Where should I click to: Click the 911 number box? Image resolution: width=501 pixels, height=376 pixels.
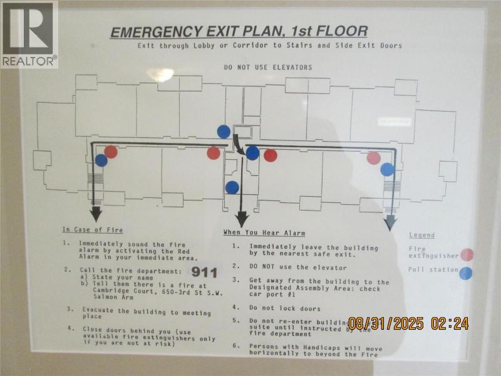click(x=204, y=272)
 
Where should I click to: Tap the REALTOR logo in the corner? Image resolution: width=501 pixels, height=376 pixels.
click(x=29, y=34)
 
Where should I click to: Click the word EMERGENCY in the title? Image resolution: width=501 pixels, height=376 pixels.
click(x=150, y=32)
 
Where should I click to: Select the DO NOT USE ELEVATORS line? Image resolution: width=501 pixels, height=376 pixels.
click(x=268, y=67)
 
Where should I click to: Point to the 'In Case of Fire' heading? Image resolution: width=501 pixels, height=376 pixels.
click(x=93, y=230)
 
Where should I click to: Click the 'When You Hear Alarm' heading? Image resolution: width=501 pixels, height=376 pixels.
click(x=264, y=233)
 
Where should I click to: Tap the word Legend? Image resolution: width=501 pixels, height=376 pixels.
click(x=422, y=235)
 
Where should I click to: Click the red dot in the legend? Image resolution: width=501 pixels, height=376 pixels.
click(x=467, y=254)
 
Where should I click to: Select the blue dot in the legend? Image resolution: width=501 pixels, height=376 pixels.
click(x=466, y=273)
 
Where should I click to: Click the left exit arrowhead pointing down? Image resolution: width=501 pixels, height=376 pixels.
click(x=96, y=215)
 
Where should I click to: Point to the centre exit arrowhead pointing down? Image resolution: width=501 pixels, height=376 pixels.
click(x=242, y=219)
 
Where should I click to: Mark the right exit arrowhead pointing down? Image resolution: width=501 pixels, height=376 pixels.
click(x=390, y=222)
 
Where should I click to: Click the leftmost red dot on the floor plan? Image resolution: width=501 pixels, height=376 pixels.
click(x=111, y=152)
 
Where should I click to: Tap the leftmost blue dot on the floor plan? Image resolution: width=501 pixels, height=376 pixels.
click(x=101, y=160)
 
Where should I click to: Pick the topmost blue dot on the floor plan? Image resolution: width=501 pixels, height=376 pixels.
click(x=224, y=132)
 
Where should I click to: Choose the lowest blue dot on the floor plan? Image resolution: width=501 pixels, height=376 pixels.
click(x=232, y=187)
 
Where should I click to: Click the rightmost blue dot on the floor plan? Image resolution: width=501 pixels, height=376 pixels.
click(x=387, y=169)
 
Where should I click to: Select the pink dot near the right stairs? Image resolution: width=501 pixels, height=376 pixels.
click(x=373, y=158)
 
